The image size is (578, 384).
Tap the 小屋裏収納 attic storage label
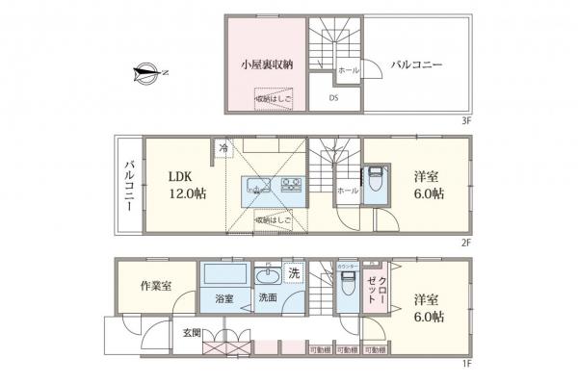[x=267, y=64]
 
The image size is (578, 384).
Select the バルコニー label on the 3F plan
[x=416, y=65]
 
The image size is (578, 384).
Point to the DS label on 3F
[x=333, y=97]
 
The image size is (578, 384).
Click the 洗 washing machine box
[x=294, y=272]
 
